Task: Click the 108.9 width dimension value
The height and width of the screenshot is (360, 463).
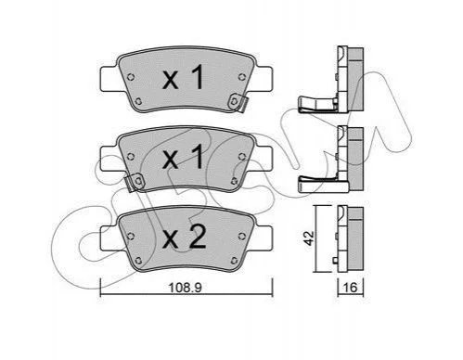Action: pyautogui.click(x=185, y=288)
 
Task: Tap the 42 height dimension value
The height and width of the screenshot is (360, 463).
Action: pyautogui.click(x=309, y=238)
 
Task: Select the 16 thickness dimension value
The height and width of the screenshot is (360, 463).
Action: pyautogui.click(x=350, y=288)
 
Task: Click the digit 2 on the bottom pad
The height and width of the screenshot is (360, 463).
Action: pyautogui.click(x=198, y=237)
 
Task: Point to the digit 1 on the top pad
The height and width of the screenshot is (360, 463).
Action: pyautogui.click(x=197, y=77)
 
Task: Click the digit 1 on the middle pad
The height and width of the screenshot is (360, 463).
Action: pyautogui.click(x=197, y=157)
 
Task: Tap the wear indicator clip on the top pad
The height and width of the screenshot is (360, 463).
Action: pyautogui.click(x=238, y=103)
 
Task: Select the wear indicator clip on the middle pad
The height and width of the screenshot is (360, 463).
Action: pyautogui.click(x=135, y=182)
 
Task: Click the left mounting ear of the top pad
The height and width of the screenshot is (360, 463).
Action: pyautogui.click(x=109, y=79)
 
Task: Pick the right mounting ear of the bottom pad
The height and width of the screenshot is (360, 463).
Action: pyautogui.click(x=264, y=238)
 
